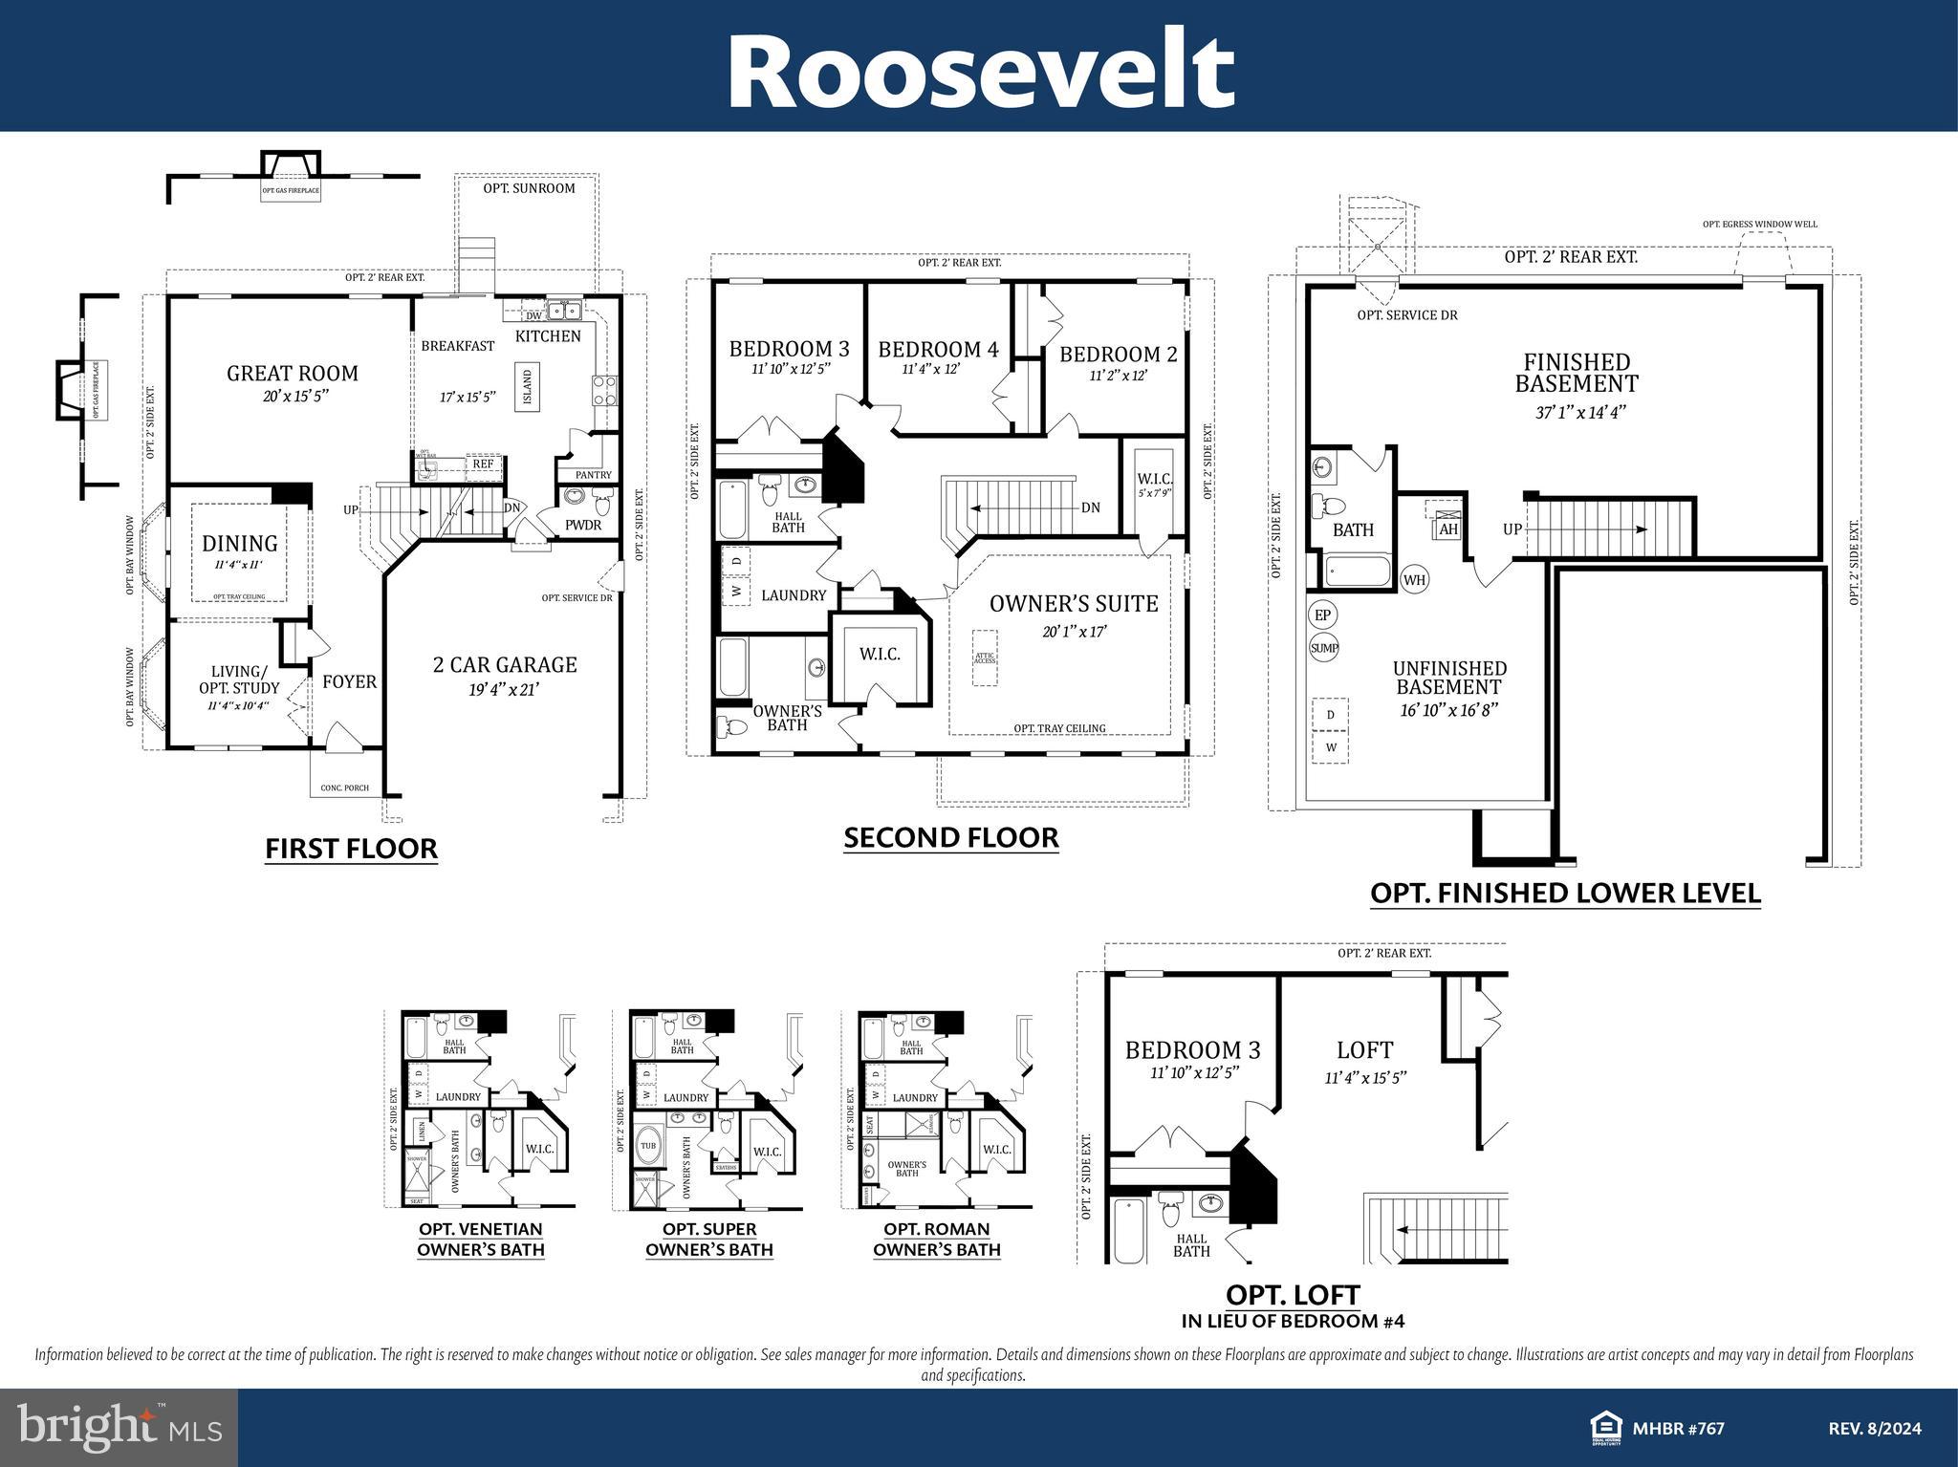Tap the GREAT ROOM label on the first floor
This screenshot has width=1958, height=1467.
pyautogui.click(x=292, y=374)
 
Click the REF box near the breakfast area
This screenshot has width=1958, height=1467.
pyautogui.click(x=483, y=464)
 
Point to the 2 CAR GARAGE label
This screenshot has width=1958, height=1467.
pyautogui.click(x=505, y=664)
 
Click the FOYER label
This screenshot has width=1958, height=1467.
pyautogui.click(x=349, y=681)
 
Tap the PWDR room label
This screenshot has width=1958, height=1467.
pyautogui.click(x=582, y=525)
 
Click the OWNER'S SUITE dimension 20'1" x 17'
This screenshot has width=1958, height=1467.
pyautogui.click(x=1075, y=632)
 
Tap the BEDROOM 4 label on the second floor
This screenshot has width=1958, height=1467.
pyautogui.click(x=938, y=350)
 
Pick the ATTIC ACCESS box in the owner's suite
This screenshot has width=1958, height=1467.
pyautogui.click(x=985, y=658)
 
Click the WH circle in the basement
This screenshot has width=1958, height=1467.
pyautogui.click(x=1415, y=579)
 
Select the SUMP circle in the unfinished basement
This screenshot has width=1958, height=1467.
pyautogui.click(x=1324, y=648)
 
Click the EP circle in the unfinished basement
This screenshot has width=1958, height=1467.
pyautogui.click(x=1323, y=615)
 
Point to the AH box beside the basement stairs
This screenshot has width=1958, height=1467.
pyautogui.click(x=1447, y=529)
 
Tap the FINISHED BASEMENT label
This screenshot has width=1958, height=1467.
pyautogui.click(x=1577, y=373)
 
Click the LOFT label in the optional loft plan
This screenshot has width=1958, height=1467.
pyautogui.click(x=1364, y=1050)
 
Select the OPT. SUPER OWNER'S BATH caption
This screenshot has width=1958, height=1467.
pyautogui.click(x=708, y=1240)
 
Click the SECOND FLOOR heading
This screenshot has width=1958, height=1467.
pyautogui.click(x=951, y=837)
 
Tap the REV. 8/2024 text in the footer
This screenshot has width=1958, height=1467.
pyautogui.click(x=1874, y=1429)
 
